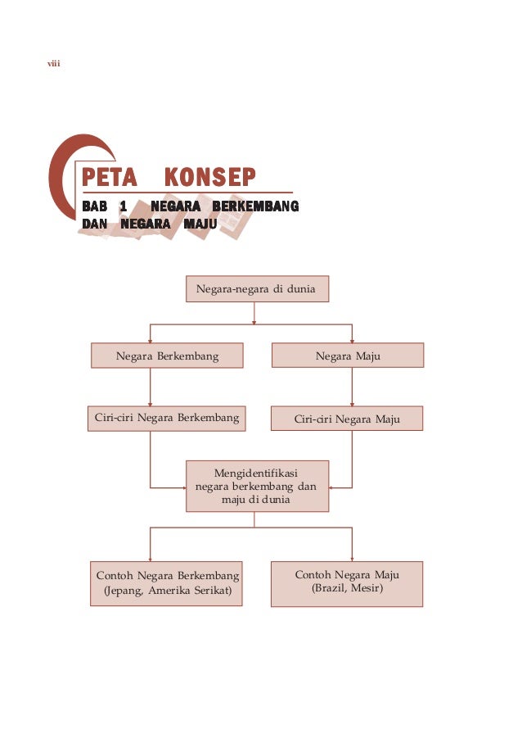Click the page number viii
pos(56,64)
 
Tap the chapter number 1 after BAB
pos(123,205)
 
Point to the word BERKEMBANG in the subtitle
pos(254,205)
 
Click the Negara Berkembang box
pos(167,356)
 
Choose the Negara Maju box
pos(348,356)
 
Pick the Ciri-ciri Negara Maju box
pos(348,419)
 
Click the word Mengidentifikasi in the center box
pos(256,473)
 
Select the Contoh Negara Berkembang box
pos(167,582)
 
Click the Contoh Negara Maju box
pos(347,582)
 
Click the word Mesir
pos(367,589)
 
